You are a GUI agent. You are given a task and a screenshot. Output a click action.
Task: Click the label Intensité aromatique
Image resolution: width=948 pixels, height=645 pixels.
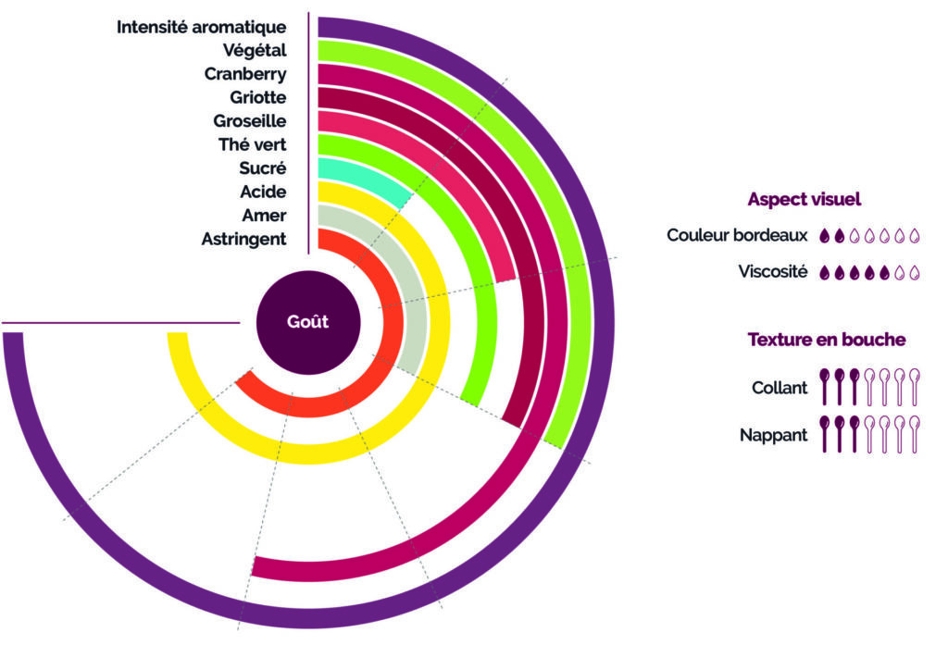pos(201,27)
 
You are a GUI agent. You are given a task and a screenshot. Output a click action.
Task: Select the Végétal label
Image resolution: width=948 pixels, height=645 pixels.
pos(254,50)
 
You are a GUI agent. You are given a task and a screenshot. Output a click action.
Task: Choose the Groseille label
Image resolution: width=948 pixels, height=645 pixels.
pos(249,121)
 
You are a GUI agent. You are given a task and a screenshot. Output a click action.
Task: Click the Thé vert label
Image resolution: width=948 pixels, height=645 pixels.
pos(252,144)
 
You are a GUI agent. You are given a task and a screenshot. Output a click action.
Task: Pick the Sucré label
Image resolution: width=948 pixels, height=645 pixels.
pos(262,168)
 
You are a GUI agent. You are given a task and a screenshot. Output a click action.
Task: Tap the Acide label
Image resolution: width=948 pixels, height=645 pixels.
pos(263,192)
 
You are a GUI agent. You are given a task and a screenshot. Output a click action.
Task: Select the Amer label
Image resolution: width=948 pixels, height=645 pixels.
pos(264,216)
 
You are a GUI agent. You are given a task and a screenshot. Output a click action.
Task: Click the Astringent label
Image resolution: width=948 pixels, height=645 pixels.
pos(243,240)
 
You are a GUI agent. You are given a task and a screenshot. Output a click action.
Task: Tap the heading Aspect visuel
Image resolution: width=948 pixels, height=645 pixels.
pos(804,199)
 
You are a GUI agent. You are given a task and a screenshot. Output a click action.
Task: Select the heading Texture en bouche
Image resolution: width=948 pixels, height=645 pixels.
pos(826,340)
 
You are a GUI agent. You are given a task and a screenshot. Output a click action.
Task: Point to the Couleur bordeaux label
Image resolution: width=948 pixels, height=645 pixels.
pos(737,235)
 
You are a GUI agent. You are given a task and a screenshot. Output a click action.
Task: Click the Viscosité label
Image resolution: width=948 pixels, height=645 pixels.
pos(773,272)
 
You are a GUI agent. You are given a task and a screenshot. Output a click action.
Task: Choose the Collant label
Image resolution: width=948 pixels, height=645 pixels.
pos(780,388)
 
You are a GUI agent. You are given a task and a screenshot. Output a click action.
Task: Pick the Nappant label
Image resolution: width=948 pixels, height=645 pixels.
pos(775,434)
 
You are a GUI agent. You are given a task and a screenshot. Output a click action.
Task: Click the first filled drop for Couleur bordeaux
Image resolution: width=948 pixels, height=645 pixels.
pos(825,236)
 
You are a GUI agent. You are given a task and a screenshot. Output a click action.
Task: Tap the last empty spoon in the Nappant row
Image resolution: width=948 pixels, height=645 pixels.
pos(915,434)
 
